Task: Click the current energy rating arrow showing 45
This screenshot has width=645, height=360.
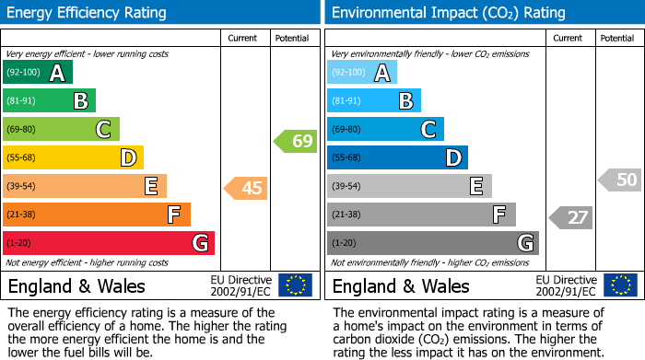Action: pyautogui.click(x=246, y=189)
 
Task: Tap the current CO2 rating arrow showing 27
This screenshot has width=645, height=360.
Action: pyautogui.click(x=570, y=218)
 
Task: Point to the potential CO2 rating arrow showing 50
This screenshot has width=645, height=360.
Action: pyautogui.click(x=620, y=180)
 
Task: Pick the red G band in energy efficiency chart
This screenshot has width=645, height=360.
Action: pyautogui.click(x=109, y=244)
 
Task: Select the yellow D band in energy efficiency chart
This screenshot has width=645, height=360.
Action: pyautogui.click(x=73, y=158)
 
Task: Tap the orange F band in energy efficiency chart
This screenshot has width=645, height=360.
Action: pyautogui.click(x=97, y=215)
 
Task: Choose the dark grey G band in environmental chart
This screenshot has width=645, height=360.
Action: pyautogui.click(x=432, y=244)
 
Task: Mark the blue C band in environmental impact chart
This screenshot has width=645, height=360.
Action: pyautogui.click(x=385, y=130)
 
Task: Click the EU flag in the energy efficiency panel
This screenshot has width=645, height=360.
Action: pyautogui.click(x=295, y=285)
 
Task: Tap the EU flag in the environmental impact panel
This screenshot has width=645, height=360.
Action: pyautogui.click(x=620, y=285)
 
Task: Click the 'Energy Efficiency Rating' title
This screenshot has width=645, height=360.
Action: pyautogui.click(x=88, y=13)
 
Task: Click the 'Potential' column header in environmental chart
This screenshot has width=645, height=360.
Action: pyautogui.click(x=617, y=39)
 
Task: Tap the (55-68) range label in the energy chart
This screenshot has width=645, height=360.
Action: pyautogui.click(x=21, y=158)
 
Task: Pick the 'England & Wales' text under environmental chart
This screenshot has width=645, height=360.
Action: pyautogui.click(x=400, y=286)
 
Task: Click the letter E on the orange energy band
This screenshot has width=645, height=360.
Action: pyautogui.click(x=150, y=187)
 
